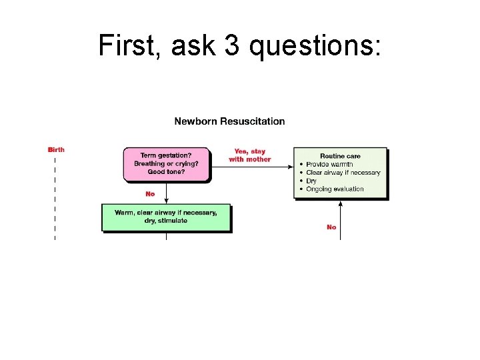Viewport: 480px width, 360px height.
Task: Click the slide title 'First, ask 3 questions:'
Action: pyautogui.click(x=239, y=45)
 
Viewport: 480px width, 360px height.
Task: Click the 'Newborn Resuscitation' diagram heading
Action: pyautogui.click(x=229, y=121)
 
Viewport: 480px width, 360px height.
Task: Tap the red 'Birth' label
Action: pyautogui.click(x=56, y=150)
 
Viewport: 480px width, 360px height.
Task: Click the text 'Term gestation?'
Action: pyautogui.click(x=166, y=155)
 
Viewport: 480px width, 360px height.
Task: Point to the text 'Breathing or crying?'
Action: pyautogui.click(x=166, y=163)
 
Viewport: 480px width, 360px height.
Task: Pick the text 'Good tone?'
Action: pyautogui.click(x=166, y=171)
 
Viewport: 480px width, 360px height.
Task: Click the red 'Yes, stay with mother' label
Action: pyautogui.click(x=250, y=155)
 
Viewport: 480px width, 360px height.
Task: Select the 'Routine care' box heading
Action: pyautogui.click(x=340, y=156)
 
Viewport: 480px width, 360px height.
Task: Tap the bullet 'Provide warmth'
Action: pyautogui.click(x=329, y=164)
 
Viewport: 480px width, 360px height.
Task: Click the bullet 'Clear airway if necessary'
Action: pyautogui.click(x=343, y=173)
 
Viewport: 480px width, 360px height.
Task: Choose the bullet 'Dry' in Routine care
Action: pyautogui.click(x=311, y=181)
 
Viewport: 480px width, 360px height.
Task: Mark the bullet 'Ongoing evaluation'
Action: pyautogui.click(x=335, y=189)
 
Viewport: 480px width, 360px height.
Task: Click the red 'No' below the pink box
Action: pyautogui.click(x=150, y=194)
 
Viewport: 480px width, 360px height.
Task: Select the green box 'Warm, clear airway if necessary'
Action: pyautogui.click(x=166, y=217)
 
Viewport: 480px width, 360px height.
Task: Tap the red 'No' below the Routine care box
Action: pyautogui.click(x=331, y=227)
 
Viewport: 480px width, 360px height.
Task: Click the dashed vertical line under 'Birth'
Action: pyautogui.click(x=55, y=200)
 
